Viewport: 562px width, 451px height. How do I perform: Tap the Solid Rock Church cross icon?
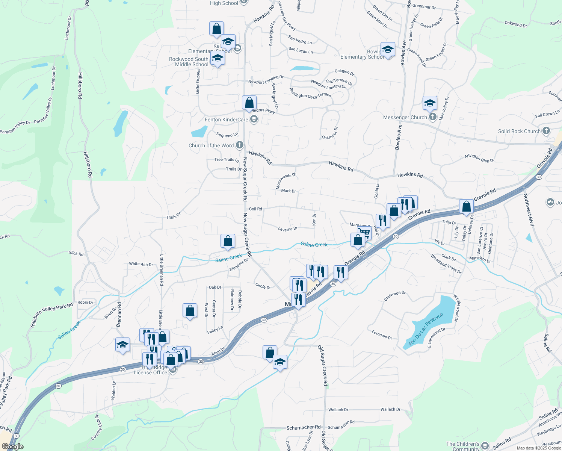[546, 131]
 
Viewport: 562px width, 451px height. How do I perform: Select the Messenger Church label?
[405, 118]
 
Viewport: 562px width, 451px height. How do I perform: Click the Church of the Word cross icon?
[240, 145]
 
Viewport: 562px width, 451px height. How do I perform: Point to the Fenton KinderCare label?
[226, 120]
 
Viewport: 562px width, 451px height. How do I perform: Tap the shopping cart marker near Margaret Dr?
[364, 233]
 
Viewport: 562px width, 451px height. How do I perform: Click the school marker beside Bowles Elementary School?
[388, 49]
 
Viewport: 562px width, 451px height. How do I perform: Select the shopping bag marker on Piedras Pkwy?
[249, 103]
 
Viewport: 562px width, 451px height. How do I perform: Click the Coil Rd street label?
[255, 209]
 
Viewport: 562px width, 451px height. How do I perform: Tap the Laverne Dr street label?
[288, 229]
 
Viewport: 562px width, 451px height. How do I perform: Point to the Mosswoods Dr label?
[286, 181]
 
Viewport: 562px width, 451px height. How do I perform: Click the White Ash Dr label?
[141, 264]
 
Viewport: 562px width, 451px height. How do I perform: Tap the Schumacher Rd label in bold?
[303, 427]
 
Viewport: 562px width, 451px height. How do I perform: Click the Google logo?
[12, 446]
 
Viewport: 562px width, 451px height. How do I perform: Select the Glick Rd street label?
[76, 254]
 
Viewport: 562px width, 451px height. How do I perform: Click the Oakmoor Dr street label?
[330, 133]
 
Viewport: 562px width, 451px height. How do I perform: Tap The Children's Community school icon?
[485, 446]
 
